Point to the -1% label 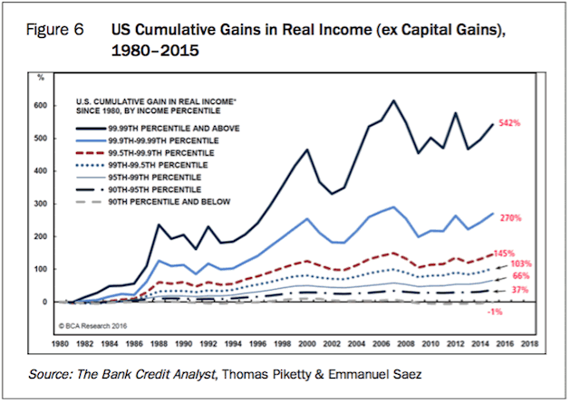point(520,311)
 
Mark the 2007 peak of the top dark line point(393,101)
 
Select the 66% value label point(522,274)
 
